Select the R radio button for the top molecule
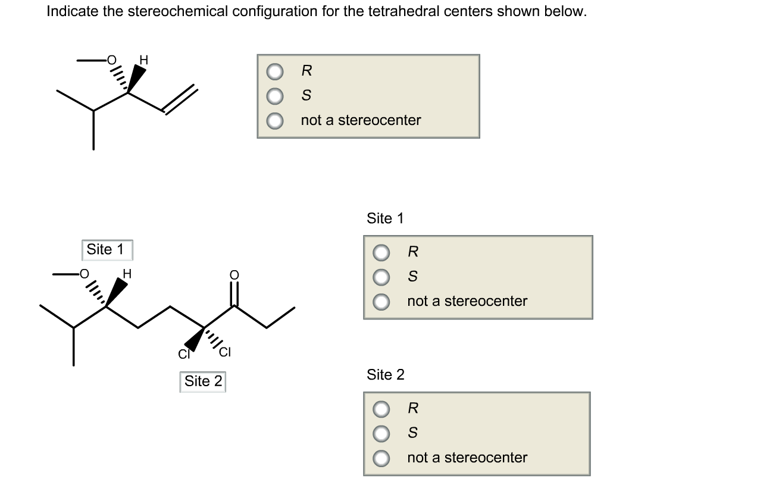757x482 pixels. (x=274, y=71)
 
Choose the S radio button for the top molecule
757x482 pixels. (x=274, y=96)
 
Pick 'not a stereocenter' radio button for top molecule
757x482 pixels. (x=274, y=121)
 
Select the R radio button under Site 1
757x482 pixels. (x=381, y=252)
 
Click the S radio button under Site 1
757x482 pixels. (x=381, y=277)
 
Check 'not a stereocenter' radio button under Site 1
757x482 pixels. (x=381, y=302)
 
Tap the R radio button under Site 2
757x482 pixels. (x=381, y=409)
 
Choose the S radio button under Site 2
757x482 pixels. (x=381, y=433)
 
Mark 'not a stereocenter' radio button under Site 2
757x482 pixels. (x=381, y=458)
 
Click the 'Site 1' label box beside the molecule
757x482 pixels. (x=106, y=250)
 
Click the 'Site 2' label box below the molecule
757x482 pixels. (x=203, y=381)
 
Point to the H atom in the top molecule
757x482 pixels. (x=143, y=60)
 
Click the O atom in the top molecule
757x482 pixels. (x=111, y=60)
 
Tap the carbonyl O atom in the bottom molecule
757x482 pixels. (x=234, y=275)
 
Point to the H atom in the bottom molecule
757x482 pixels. (x=126, y=274)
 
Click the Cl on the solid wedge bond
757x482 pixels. (x=183, y=355)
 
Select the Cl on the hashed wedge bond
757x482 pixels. (x=224, y=352)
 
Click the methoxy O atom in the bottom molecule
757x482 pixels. (x=85, y=274)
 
